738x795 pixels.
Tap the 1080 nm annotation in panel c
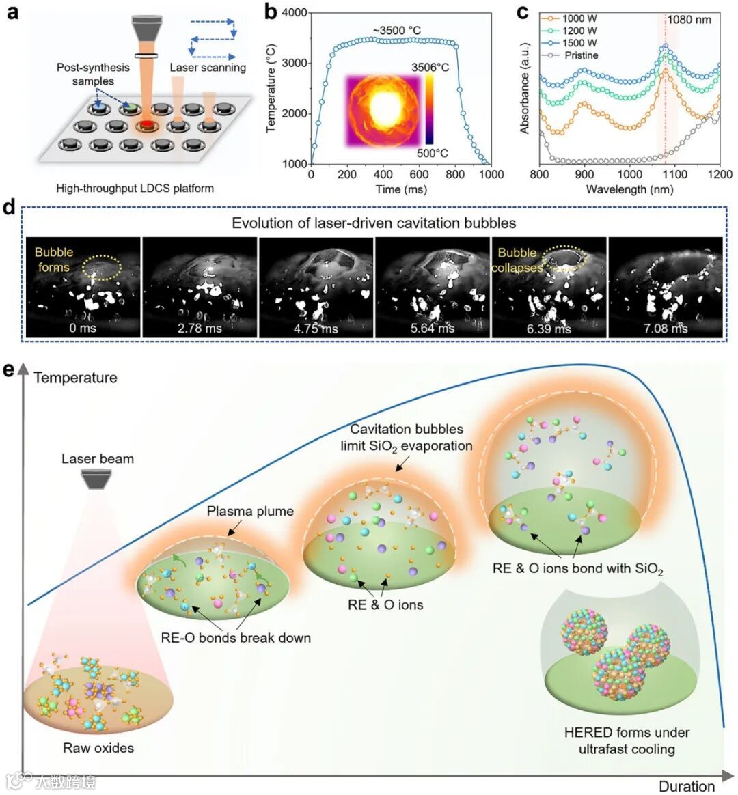689,20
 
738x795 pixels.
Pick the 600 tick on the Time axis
419,175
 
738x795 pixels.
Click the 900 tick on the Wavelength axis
585,175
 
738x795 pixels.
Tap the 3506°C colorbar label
429,68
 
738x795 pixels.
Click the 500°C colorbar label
433,153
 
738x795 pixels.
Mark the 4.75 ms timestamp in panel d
316,329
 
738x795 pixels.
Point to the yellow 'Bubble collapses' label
517,260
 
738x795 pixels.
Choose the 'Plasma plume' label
250,511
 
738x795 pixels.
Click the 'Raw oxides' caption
98,748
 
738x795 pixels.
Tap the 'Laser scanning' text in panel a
208,68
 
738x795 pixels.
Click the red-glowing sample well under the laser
146,125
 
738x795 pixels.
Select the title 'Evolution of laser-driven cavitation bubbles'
374,223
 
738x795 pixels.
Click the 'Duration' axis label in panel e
686,786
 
